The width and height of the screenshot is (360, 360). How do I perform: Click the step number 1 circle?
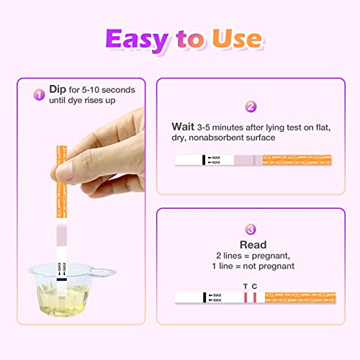click(x=40, y=94)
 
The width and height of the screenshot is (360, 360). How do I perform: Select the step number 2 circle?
click(x=251, y=107)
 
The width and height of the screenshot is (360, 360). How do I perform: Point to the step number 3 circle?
click(x=251, y=230)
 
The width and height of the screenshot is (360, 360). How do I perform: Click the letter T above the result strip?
click(x=246, y=286)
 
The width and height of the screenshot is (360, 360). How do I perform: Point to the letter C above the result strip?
click(x=255, y=286)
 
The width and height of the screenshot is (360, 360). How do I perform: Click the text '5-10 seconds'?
click(x=100, y=90)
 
